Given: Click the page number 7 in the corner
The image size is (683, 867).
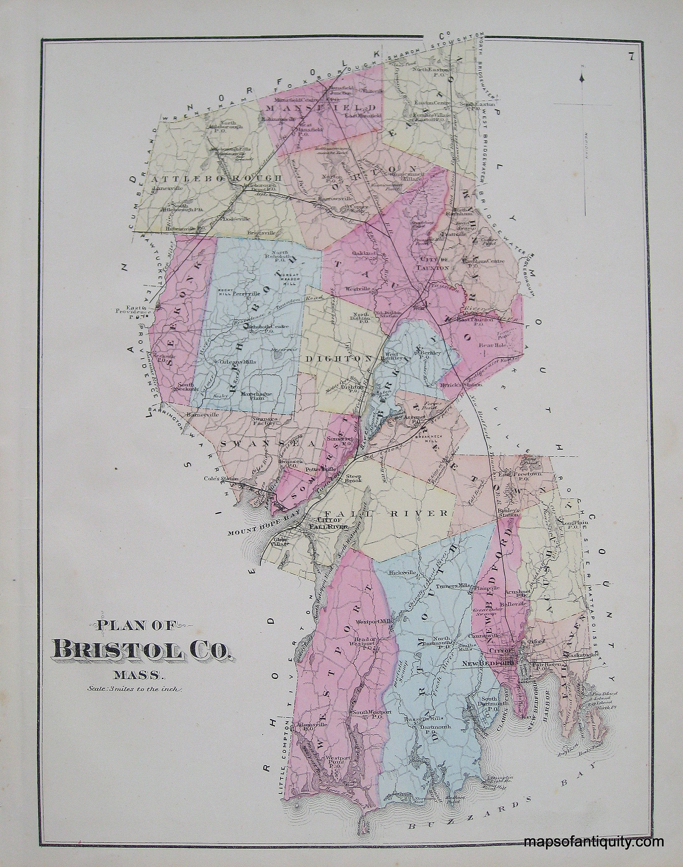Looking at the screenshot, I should pyautogui.click(x=630, y=56).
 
